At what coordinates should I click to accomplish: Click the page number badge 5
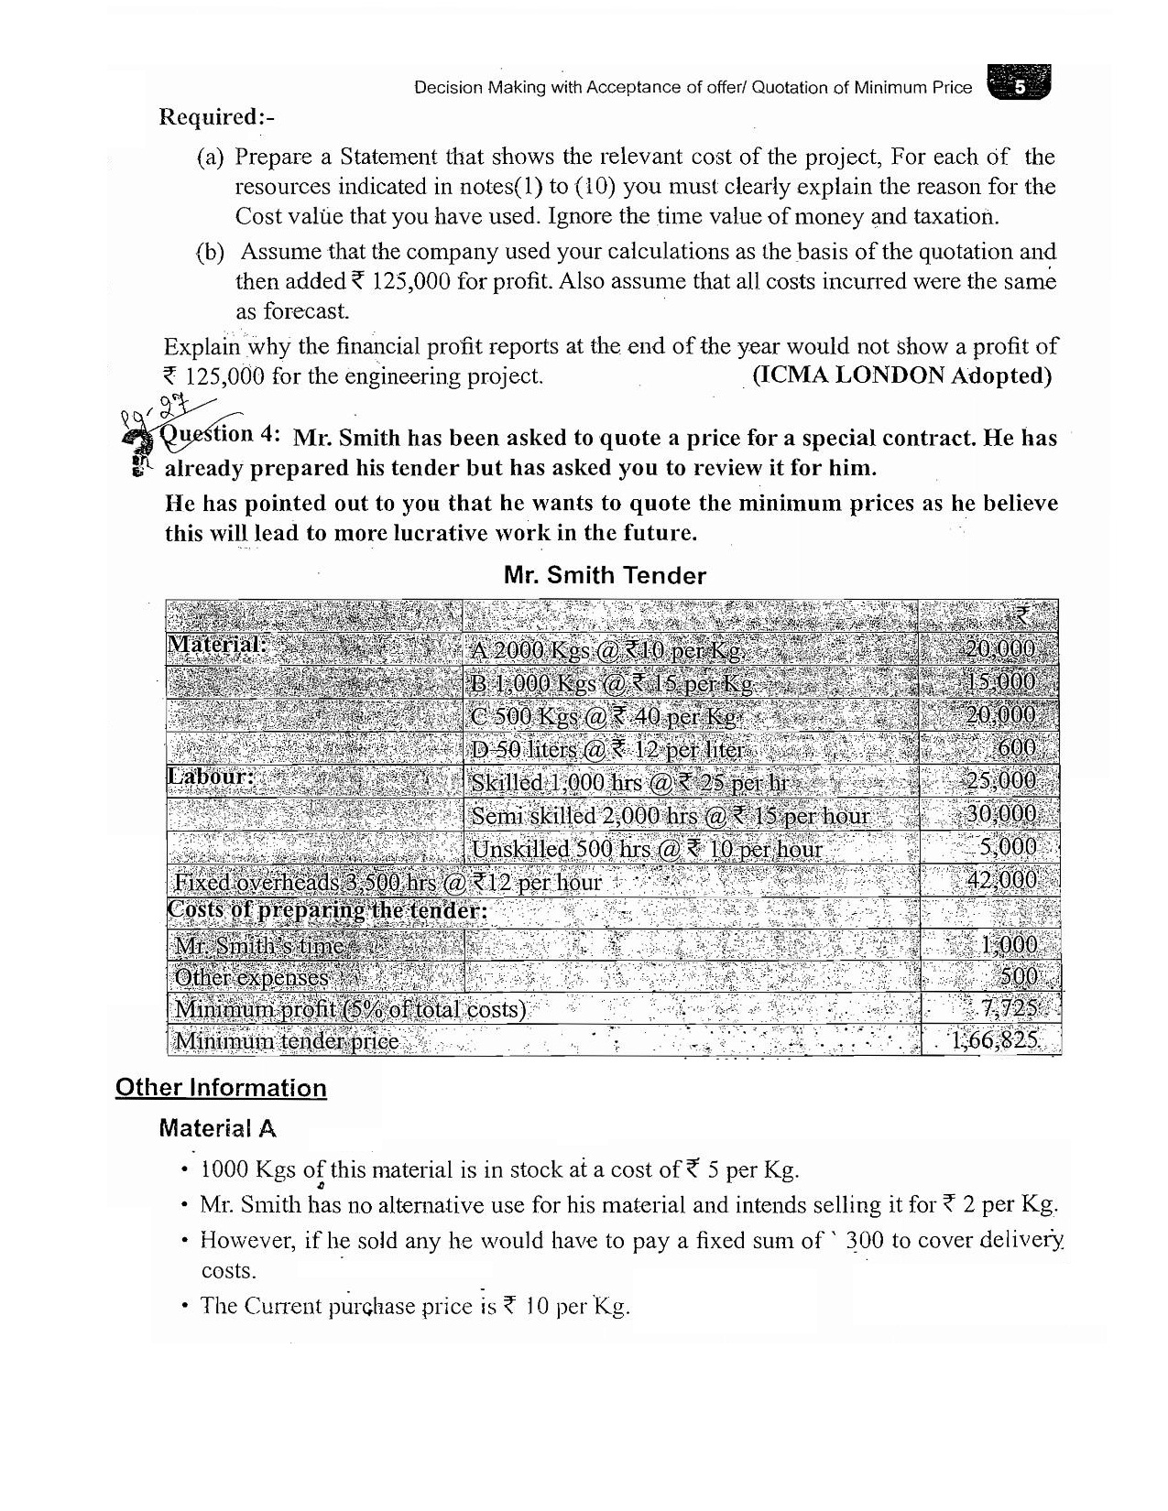(1020, 87)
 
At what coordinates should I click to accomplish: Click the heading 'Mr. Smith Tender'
(605, 576)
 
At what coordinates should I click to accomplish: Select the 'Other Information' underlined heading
(221, 1088)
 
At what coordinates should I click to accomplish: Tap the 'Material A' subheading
(217, 1128)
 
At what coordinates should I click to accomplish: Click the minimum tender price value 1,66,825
(994, 1040)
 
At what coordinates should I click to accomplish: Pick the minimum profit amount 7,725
(1009, 1008)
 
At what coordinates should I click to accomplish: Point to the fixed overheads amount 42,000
(1001, 880)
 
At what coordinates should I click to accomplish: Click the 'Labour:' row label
(211, 777)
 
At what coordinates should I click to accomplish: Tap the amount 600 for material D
(1016, 747)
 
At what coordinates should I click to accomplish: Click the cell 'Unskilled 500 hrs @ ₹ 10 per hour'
(646, 849)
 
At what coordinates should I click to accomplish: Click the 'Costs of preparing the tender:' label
(327, 911)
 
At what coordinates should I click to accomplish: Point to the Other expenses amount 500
(1018, 976)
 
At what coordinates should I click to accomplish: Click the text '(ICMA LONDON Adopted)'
(901, 375)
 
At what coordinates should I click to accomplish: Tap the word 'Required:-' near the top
(217, 117)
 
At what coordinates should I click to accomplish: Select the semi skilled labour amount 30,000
(1001, 814)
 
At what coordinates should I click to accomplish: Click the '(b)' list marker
(210, 252)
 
